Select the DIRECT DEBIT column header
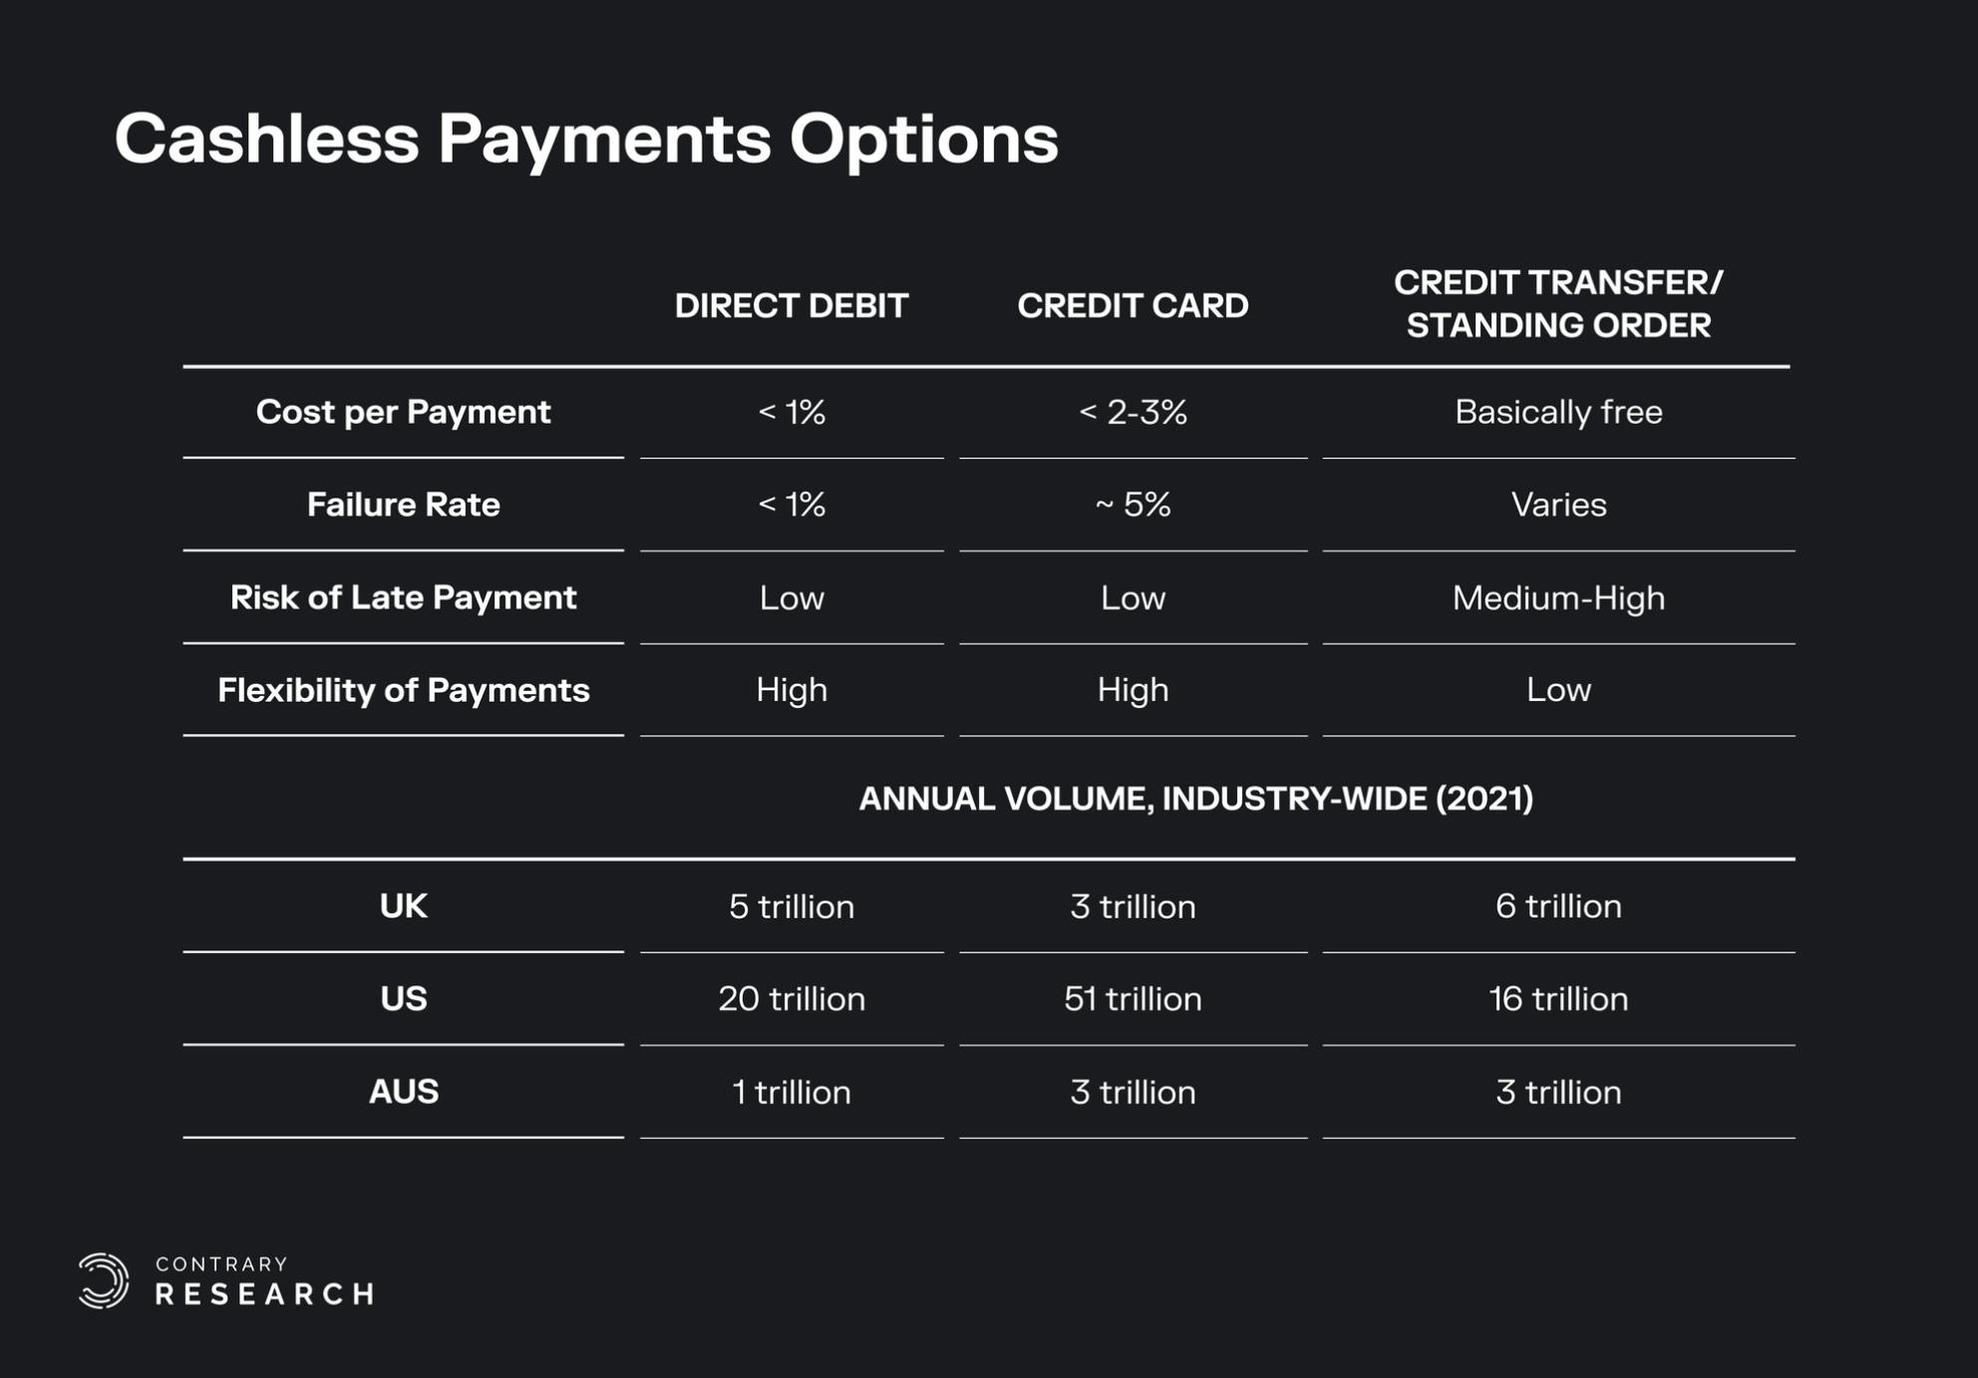pyautogui.click(x=792, y=305)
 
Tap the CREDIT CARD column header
pyautogui.click(x=1133, y=305)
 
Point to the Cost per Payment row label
pyautogui.click(x=403, y=412)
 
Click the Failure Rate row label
pyautogui.click(x=403, y=505)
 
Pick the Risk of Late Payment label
pyautogui.click(x=403, y=597)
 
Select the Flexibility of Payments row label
pyautogui.click(x=403, y=690)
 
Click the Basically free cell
pyautogui.click(x=1558, y=412)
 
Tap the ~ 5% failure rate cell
pyautogui.click(x=1133, y=505)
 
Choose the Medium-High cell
pyautogui.click(x=1558, y=598)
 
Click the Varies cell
pyautogui.click(x=1558, y=505)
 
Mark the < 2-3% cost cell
pyautogui.click(x=1133, y=412)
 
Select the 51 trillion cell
pyautogui.click(x=1133, y=999)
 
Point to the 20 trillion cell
pyautogui.click(x=792, y=999)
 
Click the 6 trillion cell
pyautogui.click(x=1558, y=906)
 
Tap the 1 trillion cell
pyautogui.click(x=792, y=1092)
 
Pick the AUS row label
pyautogui.click(x=403, y=1092)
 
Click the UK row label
pyautogui.click(x=403, y=906)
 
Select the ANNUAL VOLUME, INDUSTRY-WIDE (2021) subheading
pyautogui.click(x=1195, y=799)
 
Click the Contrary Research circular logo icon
pyautogui.click(x=104, y=1280)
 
